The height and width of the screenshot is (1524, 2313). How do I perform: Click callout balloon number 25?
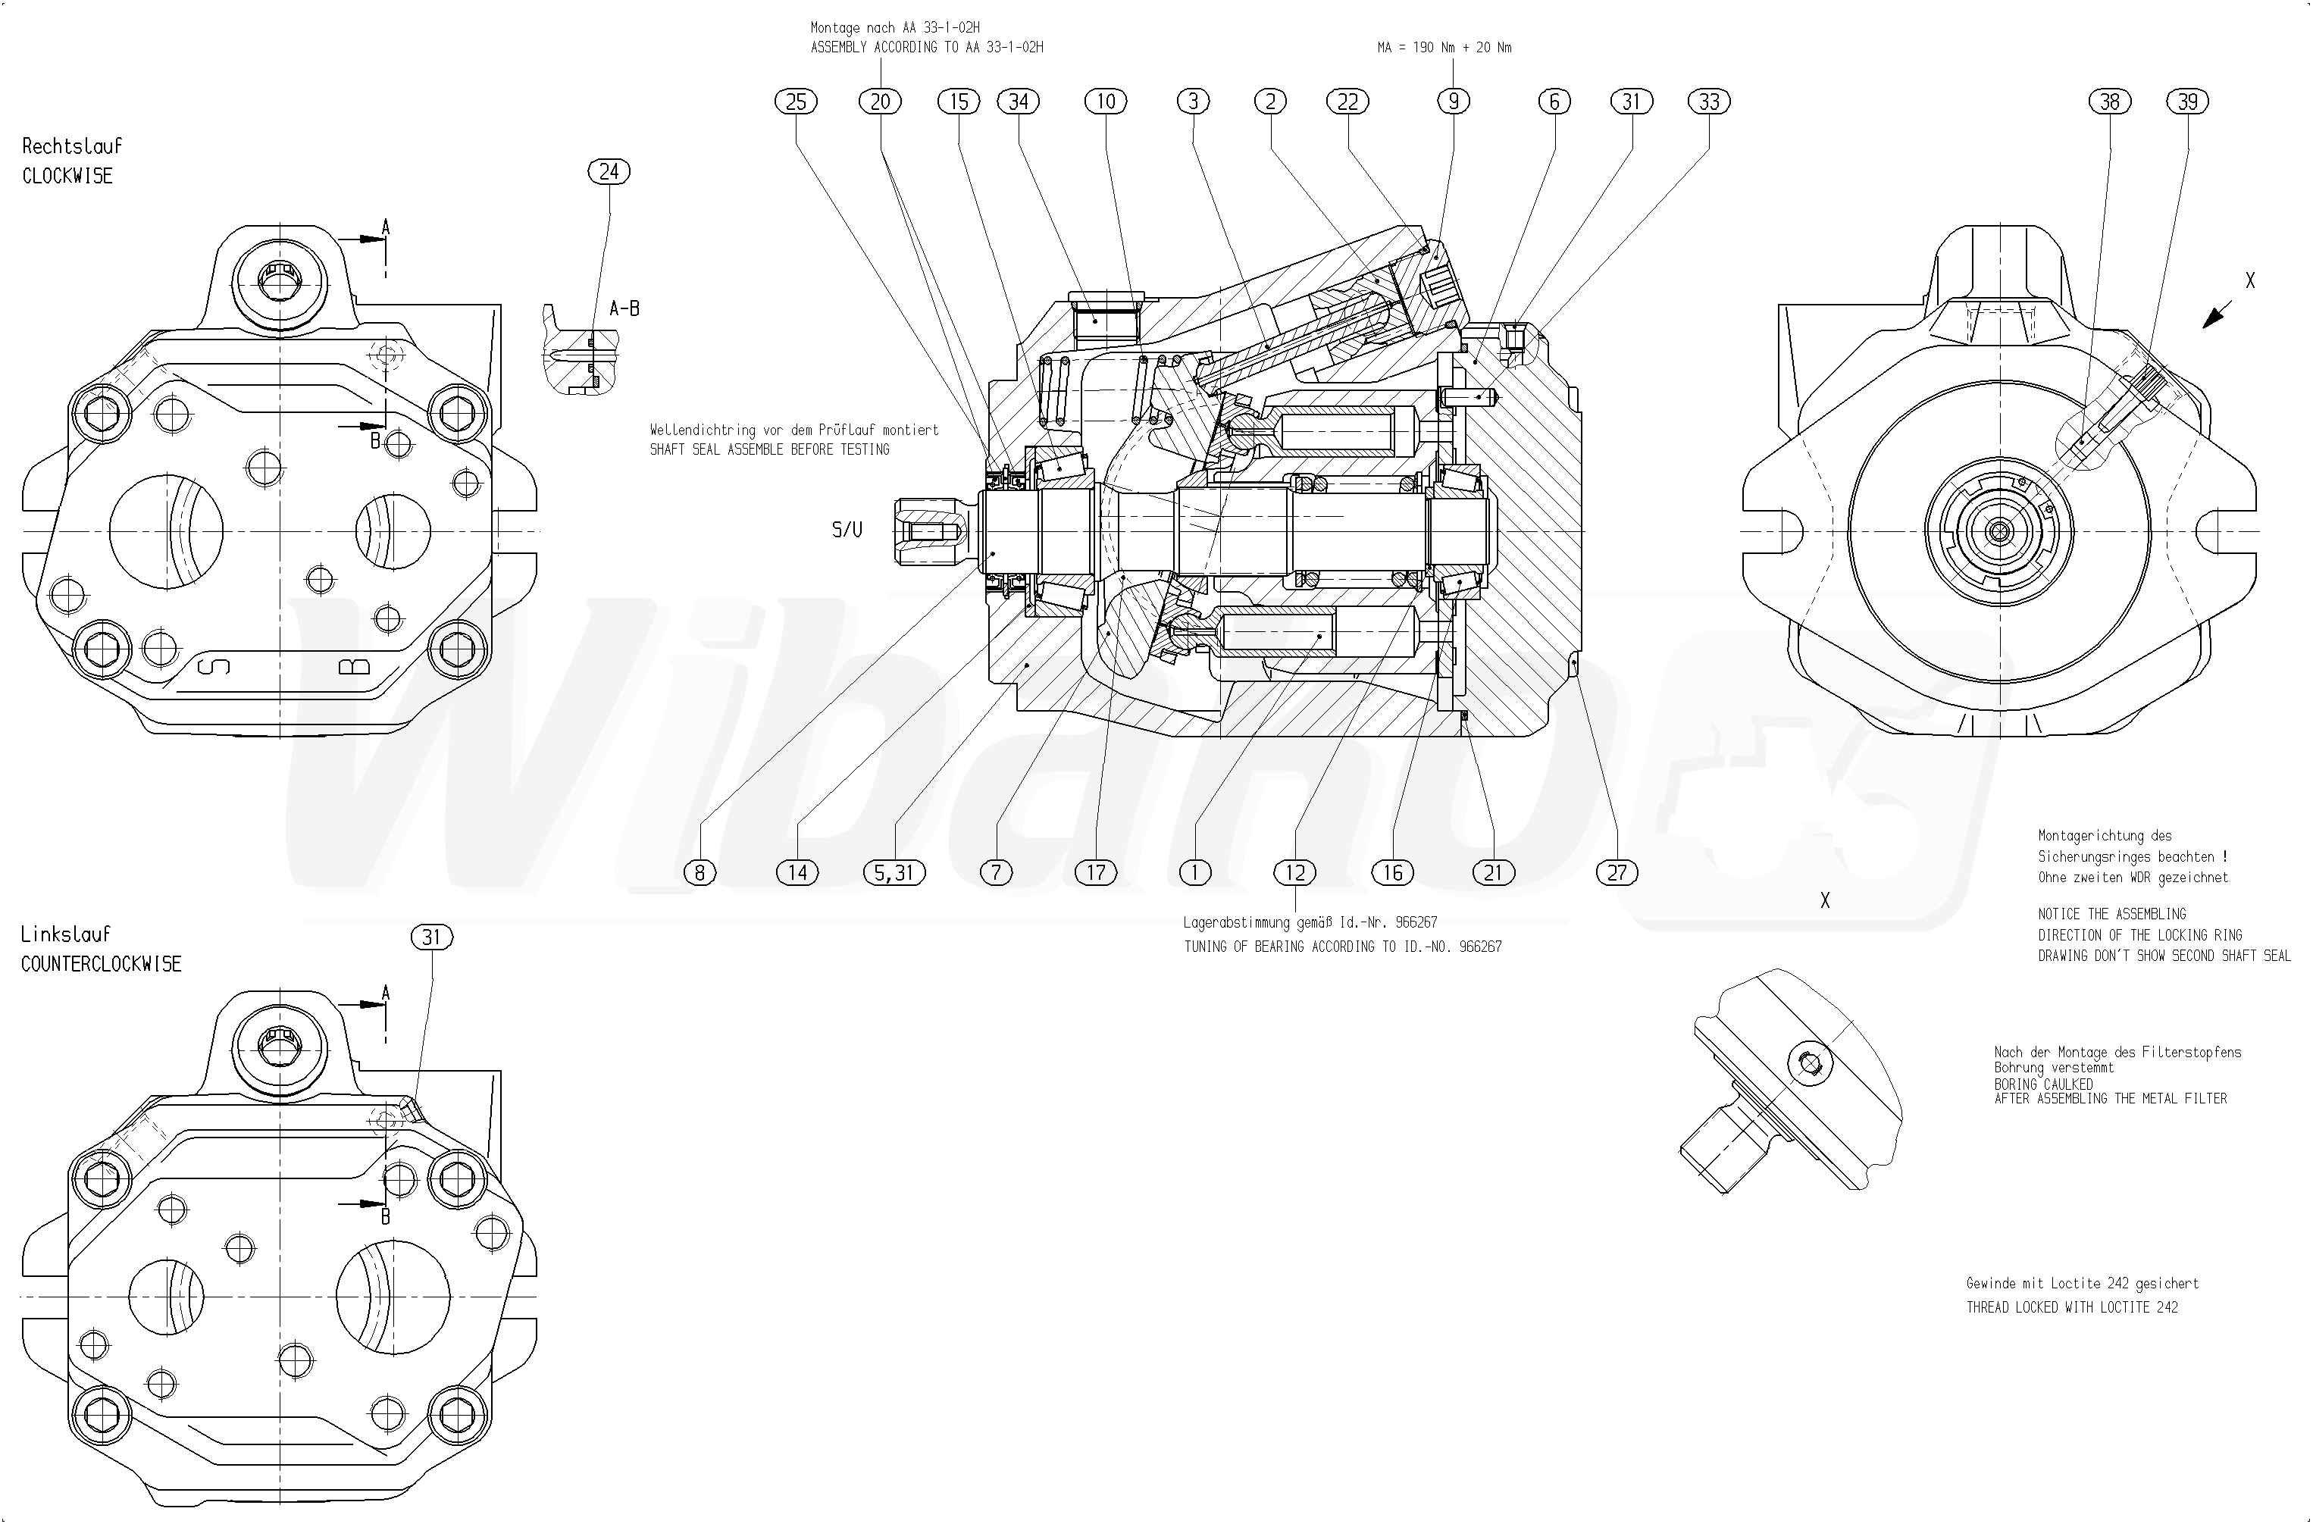[796, 101]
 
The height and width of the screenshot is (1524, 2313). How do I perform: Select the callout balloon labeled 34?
[1019, 101]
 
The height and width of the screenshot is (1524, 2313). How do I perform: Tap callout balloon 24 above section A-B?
[609, 172]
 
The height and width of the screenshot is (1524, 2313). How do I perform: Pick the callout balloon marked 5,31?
[894, 873]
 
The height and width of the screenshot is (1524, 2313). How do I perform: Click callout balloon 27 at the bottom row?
[1617, 873]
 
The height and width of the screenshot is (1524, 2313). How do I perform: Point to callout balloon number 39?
[2188, 101]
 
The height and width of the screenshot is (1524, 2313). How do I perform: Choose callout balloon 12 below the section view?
[1295, 873]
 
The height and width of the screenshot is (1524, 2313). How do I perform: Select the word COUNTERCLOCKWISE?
[101, 964]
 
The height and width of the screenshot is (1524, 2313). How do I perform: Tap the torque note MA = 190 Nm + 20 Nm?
[1444, 48]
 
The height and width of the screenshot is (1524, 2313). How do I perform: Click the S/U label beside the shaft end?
[847, 530]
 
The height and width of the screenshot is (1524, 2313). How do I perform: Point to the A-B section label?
[624, 309]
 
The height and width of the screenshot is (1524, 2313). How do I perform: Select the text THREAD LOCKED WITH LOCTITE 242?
[2072, 1307]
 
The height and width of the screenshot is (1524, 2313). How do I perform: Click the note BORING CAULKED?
[2043, 1084]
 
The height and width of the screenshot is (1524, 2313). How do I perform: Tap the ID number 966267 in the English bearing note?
[1480, 947]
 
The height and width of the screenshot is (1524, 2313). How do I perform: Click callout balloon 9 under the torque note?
[1453, 101]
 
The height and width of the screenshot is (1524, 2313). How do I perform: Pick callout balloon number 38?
[2110, 101]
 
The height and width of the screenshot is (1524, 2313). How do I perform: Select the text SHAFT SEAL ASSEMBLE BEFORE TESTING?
[770, 450]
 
